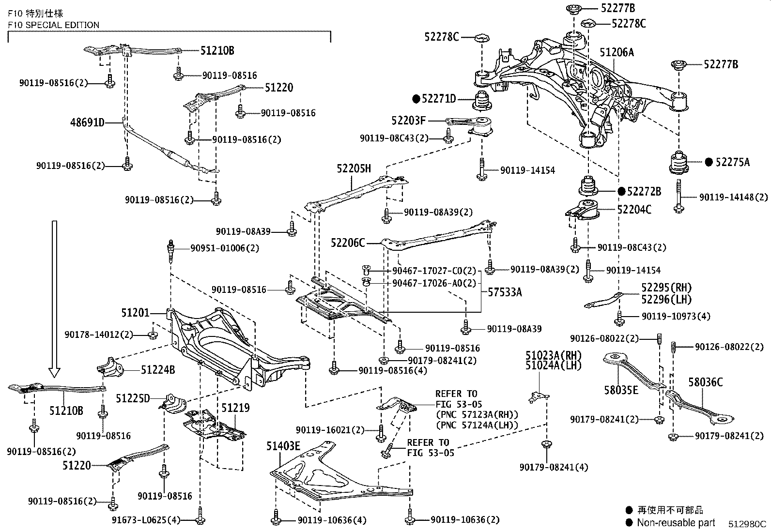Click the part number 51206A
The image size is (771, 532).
(617, 52)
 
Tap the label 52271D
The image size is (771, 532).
(438, 99)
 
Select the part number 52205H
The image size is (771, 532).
(354, 168)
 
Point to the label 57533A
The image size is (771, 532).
(505, 292)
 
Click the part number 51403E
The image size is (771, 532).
(283, 446)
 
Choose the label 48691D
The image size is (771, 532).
(88, 122)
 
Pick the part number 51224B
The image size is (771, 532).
(158, 370)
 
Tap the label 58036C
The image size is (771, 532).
(706, 382)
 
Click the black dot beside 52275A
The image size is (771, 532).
(709, 162)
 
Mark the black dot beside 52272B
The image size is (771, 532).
(621, 191)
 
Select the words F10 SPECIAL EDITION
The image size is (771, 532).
(53, 25)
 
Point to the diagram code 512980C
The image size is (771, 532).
(747, 524)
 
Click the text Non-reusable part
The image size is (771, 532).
(676, 522)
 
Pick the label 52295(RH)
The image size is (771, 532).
(666, 288)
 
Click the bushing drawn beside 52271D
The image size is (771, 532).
(482, 101)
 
